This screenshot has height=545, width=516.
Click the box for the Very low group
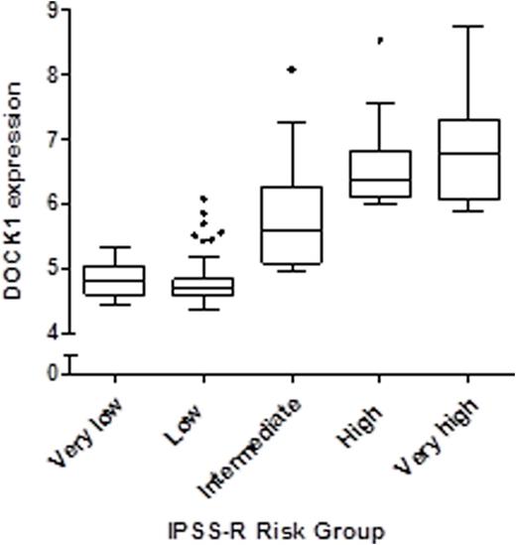(115, 280)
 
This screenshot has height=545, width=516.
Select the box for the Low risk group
(203, 286)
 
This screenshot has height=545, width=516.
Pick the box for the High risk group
(379, 174)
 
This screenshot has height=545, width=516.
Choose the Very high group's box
(467, 159)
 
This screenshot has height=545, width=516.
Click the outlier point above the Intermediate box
(291, 69)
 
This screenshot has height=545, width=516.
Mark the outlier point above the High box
(379, 41)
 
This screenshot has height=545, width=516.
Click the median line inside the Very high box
(467, 154)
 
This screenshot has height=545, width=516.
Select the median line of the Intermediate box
(292, 229)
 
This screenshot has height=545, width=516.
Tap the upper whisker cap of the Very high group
(467, 26)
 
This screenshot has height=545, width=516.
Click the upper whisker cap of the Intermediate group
(292, 122)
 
